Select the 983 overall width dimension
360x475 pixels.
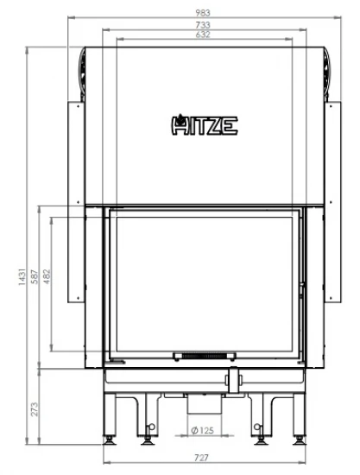201,14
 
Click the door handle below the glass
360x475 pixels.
232,377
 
